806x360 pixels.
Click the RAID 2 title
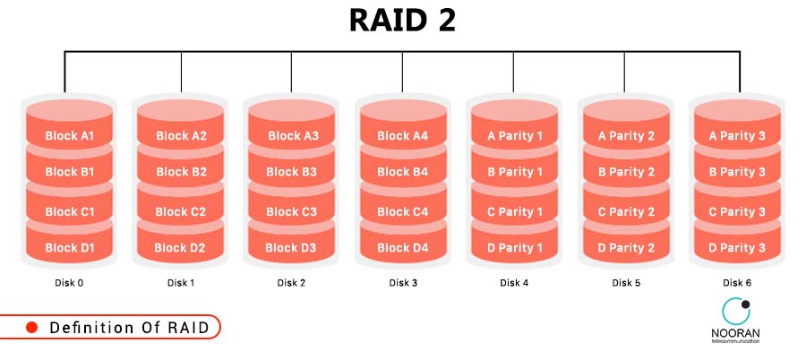tap(402, 21)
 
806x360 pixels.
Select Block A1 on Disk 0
tap(69, 136)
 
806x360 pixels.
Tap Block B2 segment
tap(181, 172)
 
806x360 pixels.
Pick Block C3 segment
tap(292, 212)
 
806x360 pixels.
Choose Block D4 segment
tap(403, 248)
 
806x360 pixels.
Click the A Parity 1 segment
tap(515, 136)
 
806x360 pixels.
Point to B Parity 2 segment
tap(626, 172)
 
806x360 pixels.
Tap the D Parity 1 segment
tap(515, 248)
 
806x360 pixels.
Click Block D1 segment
tap(69, 248)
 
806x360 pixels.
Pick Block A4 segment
tap(403, 136)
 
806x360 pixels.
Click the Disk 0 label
tap(69, 284)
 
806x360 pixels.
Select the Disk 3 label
tap(403, 284)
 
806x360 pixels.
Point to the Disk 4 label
tap(515, 284)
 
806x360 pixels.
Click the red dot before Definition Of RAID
tap(31, 328)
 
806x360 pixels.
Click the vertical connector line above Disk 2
tap(292, 72)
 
